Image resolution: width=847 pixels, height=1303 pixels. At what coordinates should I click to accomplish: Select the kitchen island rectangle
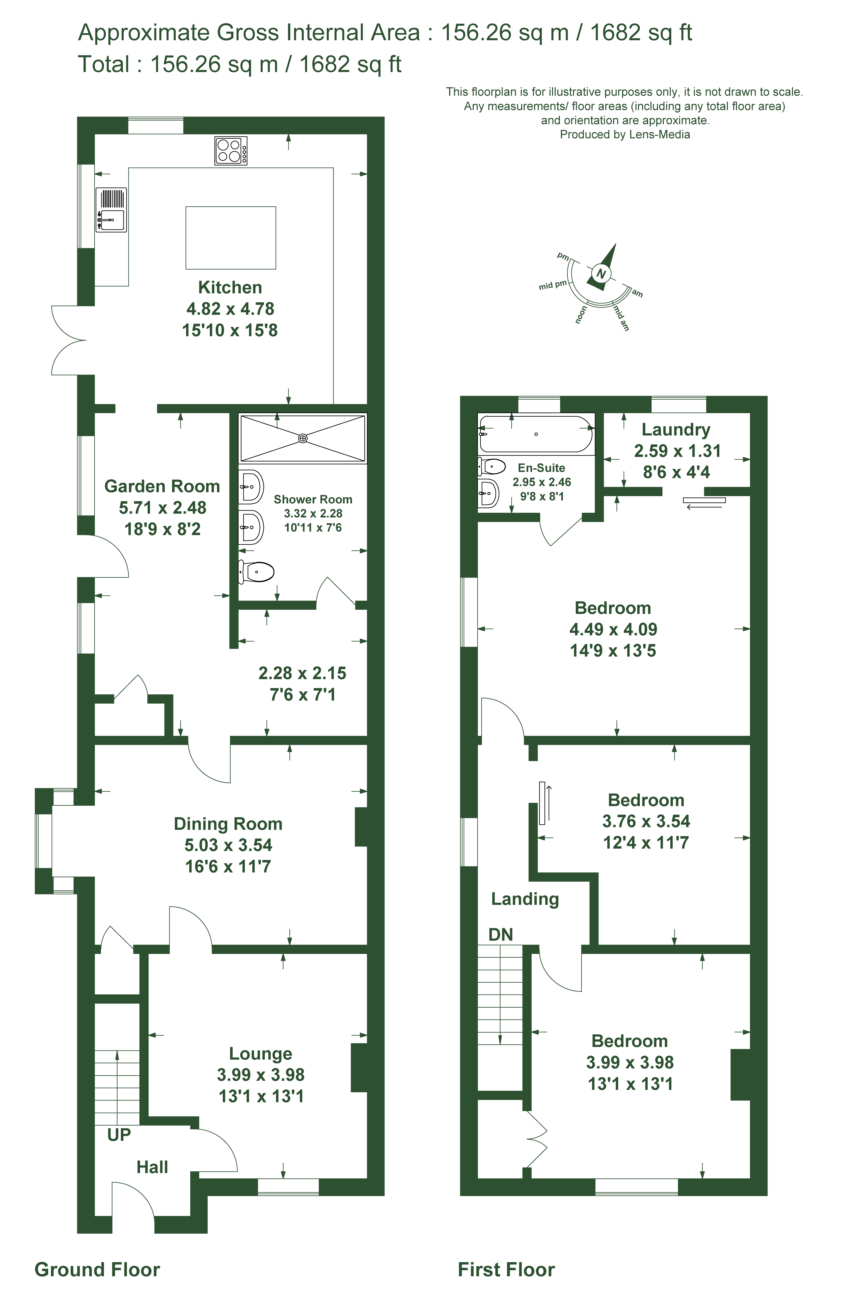point(231,238)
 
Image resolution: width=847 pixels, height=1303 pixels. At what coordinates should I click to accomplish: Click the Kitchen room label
point(230,288)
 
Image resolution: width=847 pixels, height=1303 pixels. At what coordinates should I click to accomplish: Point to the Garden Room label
point(162,486)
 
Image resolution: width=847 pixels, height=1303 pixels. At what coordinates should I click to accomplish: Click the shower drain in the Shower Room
point(303,438)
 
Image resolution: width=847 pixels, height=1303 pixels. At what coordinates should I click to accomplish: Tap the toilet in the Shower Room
point(256,572)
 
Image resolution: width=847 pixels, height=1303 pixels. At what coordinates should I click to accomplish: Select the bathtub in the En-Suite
point(535,434)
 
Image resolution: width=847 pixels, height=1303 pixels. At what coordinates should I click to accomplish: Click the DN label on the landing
point(500,934)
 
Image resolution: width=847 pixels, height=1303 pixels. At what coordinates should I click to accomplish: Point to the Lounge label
point(261,1053)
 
